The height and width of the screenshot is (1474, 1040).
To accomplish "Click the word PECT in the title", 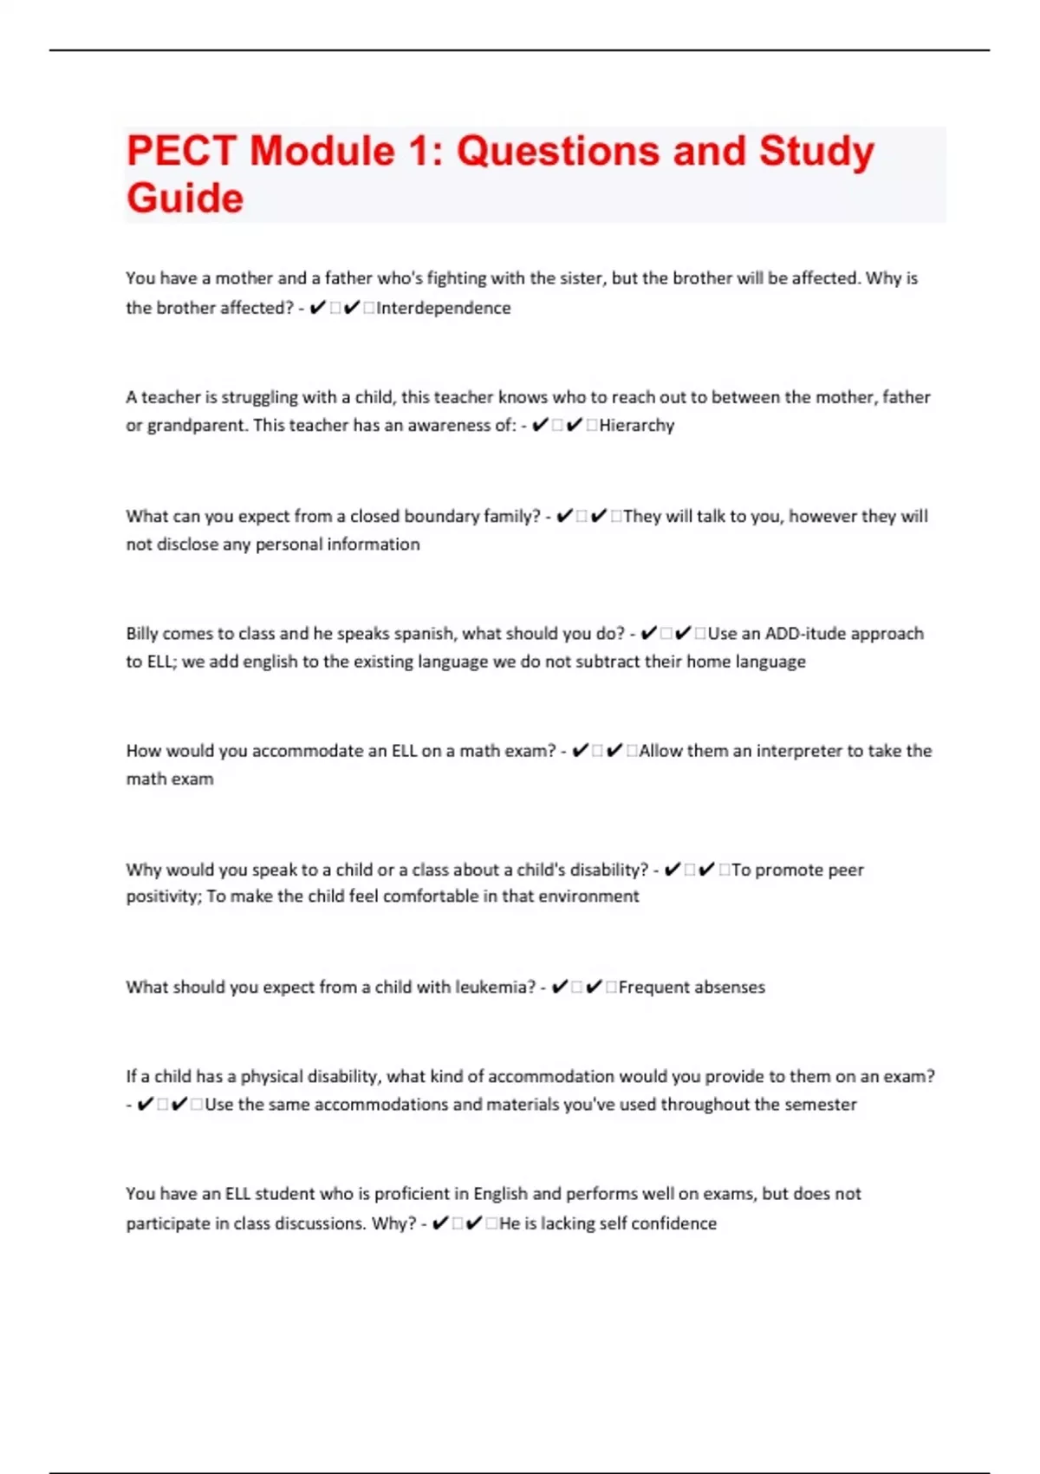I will coord(180,151).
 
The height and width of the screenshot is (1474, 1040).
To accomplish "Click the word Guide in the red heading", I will coord(185,199).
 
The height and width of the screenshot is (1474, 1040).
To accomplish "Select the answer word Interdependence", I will coord(443,308).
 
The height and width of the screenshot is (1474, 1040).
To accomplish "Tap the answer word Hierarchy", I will coord(636,425).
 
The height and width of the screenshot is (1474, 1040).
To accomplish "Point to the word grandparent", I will coord(196,426).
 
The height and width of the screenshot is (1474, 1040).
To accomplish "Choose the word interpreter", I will coord(798,751).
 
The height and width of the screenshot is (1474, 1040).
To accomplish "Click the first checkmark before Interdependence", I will coord(317,308).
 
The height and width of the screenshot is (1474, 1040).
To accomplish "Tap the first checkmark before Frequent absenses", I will coord(560,987).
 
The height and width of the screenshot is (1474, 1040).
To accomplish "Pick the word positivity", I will coord(162,897).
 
